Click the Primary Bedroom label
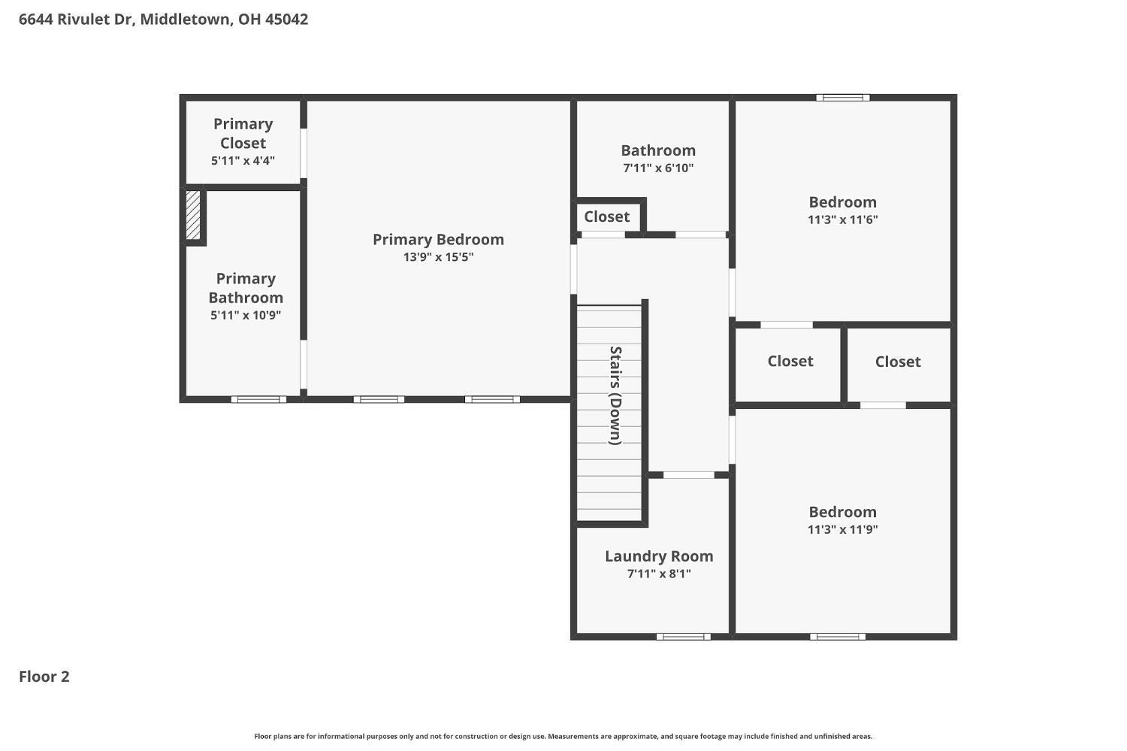[438, 240]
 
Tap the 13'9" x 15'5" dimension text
[438, 257]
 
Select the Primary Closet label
[243, 133]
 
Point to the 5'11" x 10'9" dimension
[246, 316]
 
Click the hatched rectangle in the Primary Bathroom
[193, 215]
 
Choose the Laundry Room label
[659, 556]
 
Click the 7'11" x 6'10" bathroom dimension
[658, 168]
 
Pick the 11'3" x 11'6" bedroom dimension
[843, 220]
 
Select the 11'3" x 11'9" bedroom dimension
[843, 529]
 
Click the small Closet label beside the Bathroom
[607, 217]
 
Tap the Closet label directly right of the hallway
[790, 362]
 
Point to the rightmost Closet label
[898, 362]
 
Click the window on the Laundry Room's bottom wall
[683, 637]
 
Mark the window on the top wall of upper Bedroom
[843, 98]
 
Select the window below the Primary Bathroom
[258, 400]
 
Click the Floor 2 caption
[44, 677]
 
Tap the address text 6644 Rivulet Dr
[77, 19]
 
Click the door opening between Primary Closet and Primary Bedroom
[304, 153]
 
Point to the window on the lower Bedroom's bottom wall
[838, 637]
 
